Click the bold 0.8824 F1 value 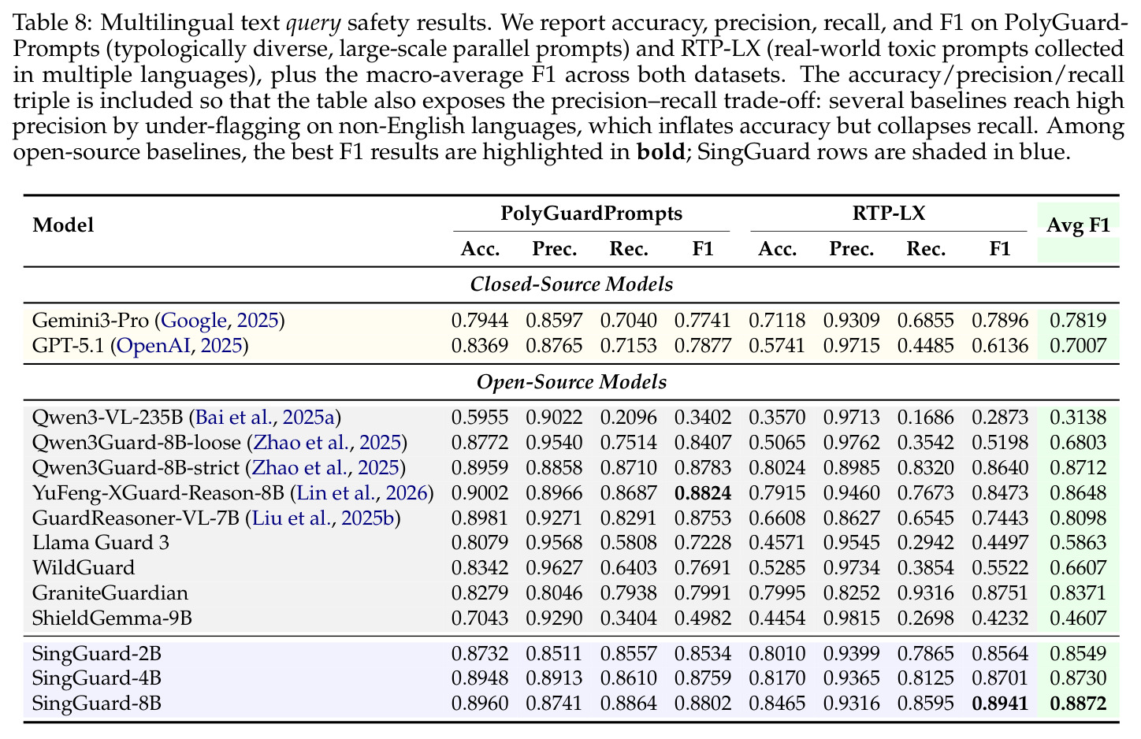coord(703,493)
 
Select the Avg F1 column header coord(1078,225)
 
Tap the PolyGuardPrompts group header coord(592,213)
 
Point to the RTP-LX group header coord(889,213)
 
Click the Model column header coord(63,225)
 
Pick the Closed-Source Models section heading coord(571,284)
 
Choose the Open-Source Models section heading coord(571,382)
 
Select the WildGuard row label coord(84,568)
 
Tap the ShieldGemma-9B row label coord(112,618)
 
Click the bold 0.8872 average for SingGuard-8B coord(1078,704)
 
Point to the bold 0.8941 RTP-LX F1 coord(1000,704)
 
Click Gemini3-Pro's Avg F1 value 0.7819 coord(1078,321)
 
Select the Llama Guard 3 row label coord(100,543)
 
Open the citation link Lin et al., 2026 coord(362,493)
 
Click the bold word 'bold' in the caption coord(660,152)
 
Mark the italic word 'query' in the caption coord(314,24)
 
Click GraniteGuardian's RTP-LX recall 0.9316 coord(926,593)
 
